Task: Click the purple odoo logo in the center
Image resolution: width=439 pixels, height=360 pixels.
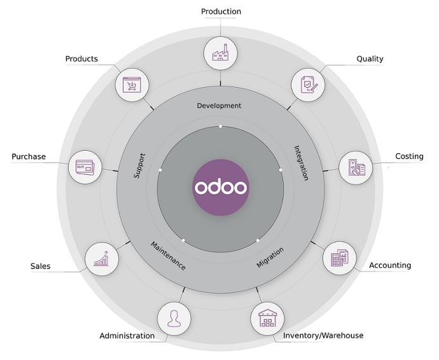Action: (221, 188)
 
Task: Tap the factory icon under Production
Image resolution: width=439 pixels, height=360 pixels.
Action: (221, 53)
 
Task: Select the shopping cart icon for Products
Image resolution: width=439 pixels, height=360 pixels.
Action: (132, 85)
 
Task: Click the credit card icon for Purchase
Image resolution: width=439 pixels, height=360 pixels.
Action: (85, 167)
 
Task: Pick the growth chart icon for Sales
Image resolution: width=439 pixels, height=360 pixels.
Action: (101, 259)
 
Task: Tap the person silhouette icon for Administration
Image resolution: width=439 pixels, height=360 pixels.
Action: (174, 319)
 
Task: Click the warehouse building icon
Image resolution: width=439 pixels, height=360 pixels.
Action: (267, 318)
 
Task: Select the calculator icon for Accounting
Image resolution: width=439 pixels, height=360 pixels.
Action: (339, 258)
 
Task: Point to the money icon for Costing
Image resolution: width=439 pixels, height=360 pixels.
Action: (356, 167)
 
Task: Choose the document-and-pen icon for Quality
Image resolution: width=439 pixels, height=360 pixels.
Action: (309, 85)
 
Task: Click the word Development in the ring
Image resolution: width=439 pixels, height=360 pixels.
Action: (219, 106)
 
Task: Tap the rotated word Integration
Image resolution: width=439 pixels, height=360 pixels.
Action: (301, 163)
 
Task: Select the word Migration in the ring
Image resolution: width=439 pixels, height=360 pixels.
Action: (270, 258)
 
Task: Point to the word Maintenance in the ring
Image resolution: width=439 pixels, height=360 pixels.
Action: (168, 256)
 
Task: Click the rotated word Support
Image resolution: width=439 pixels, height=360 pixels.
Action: (139, 166)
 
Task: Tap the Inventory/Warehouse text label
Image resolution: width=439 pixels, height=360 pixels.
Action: (323, 335)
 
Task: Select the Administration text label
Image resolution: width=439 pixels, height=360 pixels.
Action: (127, 336)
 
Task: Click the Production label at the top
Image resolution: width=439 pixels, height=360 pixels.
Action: (221, 11)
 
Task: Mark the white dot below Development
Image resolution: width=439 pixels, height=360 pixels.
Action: (220, 127)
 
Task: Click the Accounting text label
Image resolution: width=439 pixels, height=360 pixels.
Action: (390, 265)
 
